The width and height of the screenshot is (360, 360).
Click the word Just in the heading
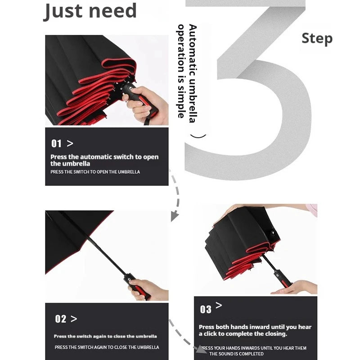pos(63,12)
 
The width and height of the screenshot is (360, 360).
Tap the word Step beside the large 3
pos(317,39)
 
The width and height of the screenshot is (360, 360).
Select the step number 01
pos(56,144)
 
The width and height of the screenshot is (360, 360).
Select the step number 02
pos(61,319)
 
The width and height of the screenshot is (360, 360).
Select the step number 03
pos(206,309)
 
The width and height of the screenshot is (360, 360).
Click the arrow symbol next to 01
pos(70,144)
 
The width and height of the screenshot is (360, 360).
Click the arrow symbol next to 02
pos(74,319)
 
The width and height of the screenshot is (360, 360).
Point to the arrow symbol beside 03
pos(219,305)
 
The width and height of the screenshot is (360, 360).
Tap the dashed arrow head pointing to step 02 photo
pos(174,216)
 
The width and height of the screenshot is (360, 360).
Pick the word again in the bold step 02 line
pos(99,336)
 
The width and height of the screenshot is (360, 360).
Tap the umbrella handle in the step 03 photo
pos(282,279)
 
